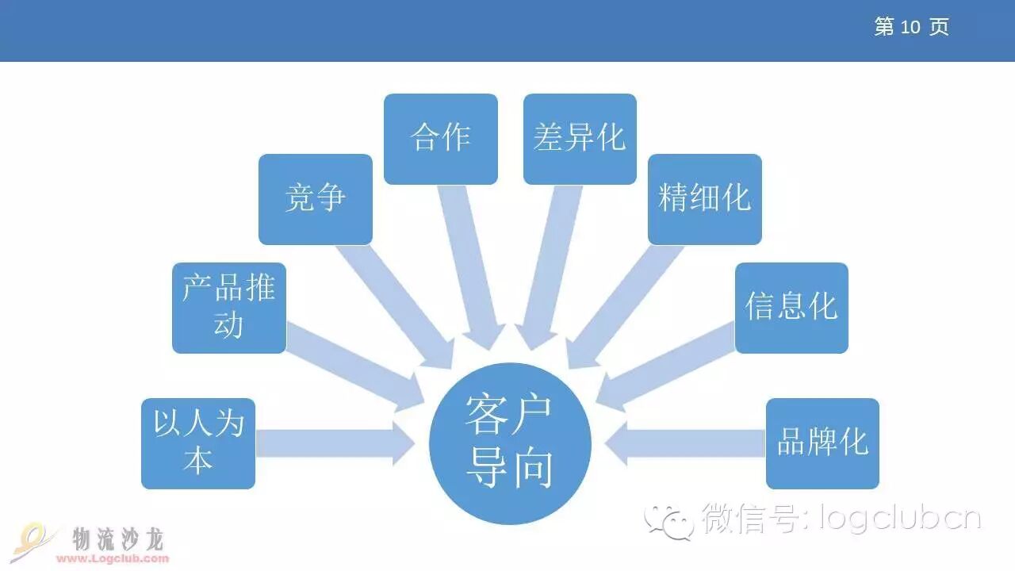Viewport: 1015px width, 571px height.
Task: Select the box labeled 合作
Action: (441, 139)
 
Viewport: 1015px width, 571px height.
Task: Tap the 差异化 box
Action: (580, 139)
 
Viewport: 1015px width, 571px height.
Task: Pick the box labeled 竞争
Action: (316, 199)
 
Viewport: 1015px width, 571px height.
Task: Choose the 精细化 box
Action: (704, 199)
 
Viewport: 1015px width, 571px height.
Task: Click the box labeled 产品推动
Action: (229, 308)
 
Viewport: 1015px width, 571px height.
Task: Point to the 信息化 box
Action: (791, 308)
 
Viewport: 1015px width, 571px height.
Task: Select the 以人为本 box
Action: (198, 443)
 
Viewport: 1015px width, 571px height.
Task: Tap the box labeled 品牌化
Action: (822, 443)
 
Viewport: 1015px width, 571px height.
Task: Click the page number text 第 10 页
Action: (911, 27)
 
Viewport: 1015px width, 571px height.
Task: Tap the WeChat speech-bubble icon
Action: (668, 520)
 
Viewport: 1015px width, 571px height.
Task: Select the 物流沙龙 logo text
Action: (118, 539)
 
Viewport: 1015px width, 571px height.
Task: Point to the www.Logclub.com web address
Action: (113, 558)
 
